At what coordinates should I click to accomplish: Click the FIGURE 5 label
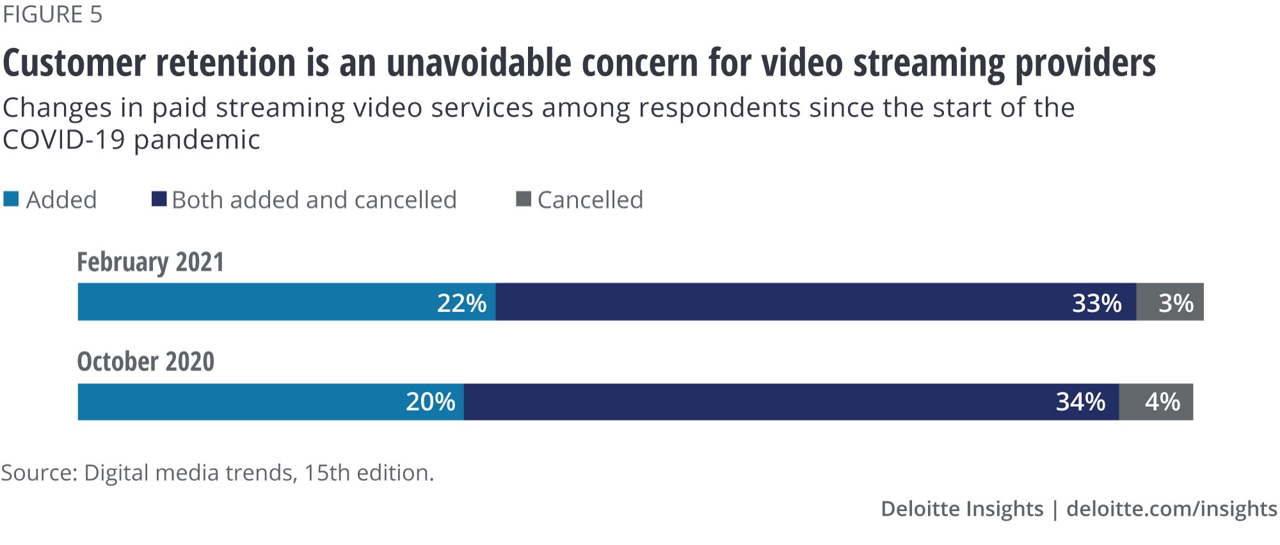(x=52, y=15)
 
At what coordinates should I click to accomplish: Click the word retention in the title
(x=225, y=63)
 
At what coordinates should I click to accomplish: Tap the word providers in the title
(x=1085, y=63)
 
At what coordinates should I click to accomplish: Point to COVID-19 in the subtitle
(x=63, y=139)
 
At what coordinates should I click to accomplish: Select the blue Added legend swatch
(x=11, y=199)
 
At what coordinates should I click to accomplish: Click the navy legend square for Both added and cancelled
(x=159, y=199)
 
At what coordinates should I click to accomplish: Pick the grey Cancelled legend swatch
(x=524, y=199)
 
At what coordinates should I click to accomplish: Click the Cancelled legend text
(x=590, y=200)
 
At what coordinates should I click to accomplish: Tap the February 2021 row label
(x=150, y=262)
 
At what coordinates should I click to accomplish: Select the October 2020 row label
(x=145, y=362)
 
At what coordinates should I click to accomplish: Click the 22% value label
(x=461, y=303)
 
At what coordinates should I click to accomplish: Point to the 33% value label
(x=1096, y=303)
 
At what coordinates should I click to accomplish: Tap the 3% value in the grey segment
(x=1176, y=303)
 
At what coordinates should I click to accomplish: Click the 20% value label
(x=430, y=402)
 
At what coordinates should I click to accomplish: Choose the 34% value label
(x=1080, y=402)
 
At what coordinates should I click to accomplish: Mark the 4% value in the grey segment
(x=1162, y=402)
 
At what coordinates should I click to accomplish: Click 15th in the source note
(x=326, y=473)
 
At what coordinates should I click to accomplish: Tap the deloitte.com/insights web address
(x=1171, y=509)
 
